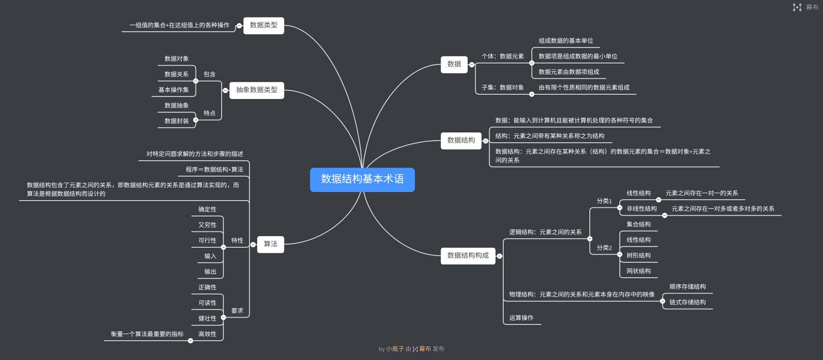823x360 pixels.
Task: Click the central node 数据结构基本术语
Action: click(x=362, y=180)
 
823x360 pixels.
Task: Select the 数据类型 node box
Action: click(x=264, y=25)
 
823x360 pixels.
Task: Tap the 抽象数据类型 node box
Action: click(x=257, y=90)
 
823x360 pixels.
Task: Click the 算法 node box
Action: click(x=270, y=244)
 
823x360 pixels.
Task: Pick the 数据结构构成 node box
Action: click(x=468, y=256)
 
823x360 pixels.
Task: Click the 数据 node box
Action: click(x=454, y=64)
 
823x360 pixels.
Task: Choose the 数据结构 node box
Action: click(x=461, y=141)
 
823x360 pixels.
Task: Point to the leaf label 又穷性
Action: click(x=207, y=225)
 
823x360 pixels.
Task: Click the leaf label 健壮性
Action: click(x=207, y=318)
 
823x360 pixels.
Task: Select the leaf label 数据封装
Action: click(x=177, y=121)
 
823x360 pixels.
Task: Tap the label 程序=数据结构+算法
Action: click(x=214, y=170)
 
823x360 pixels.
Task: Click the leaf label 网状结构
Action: click(x=639, y=271)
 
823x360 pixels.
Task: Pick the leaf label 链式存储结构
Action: click(x=688, y=303)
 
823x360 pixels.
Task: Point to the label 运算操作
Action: click(x=521, y=318)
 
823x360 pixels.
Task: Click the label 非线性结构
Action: click(x=642, y=209)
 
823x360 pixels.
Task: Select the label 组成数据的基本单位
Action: click(x=566, y=41)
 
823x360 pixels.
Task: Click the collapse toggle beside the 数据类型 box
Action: click(x=239, y=26)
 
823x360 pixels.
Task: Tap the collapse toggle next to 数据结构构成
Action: click(x=499, y=256)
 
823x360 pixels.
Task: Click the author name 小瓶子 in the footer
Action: click(x=395, y=349)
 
